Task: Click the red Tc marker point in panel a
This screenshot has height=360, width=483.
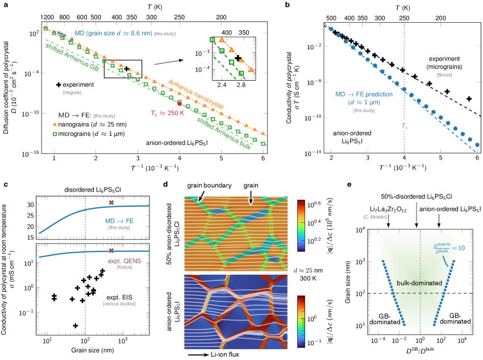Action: point(180,104)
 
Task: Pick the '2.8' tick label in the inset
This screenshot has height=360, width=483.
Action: point(240,86)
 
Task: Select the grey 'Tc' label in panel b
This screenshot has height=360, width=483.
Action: point(403,126)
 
